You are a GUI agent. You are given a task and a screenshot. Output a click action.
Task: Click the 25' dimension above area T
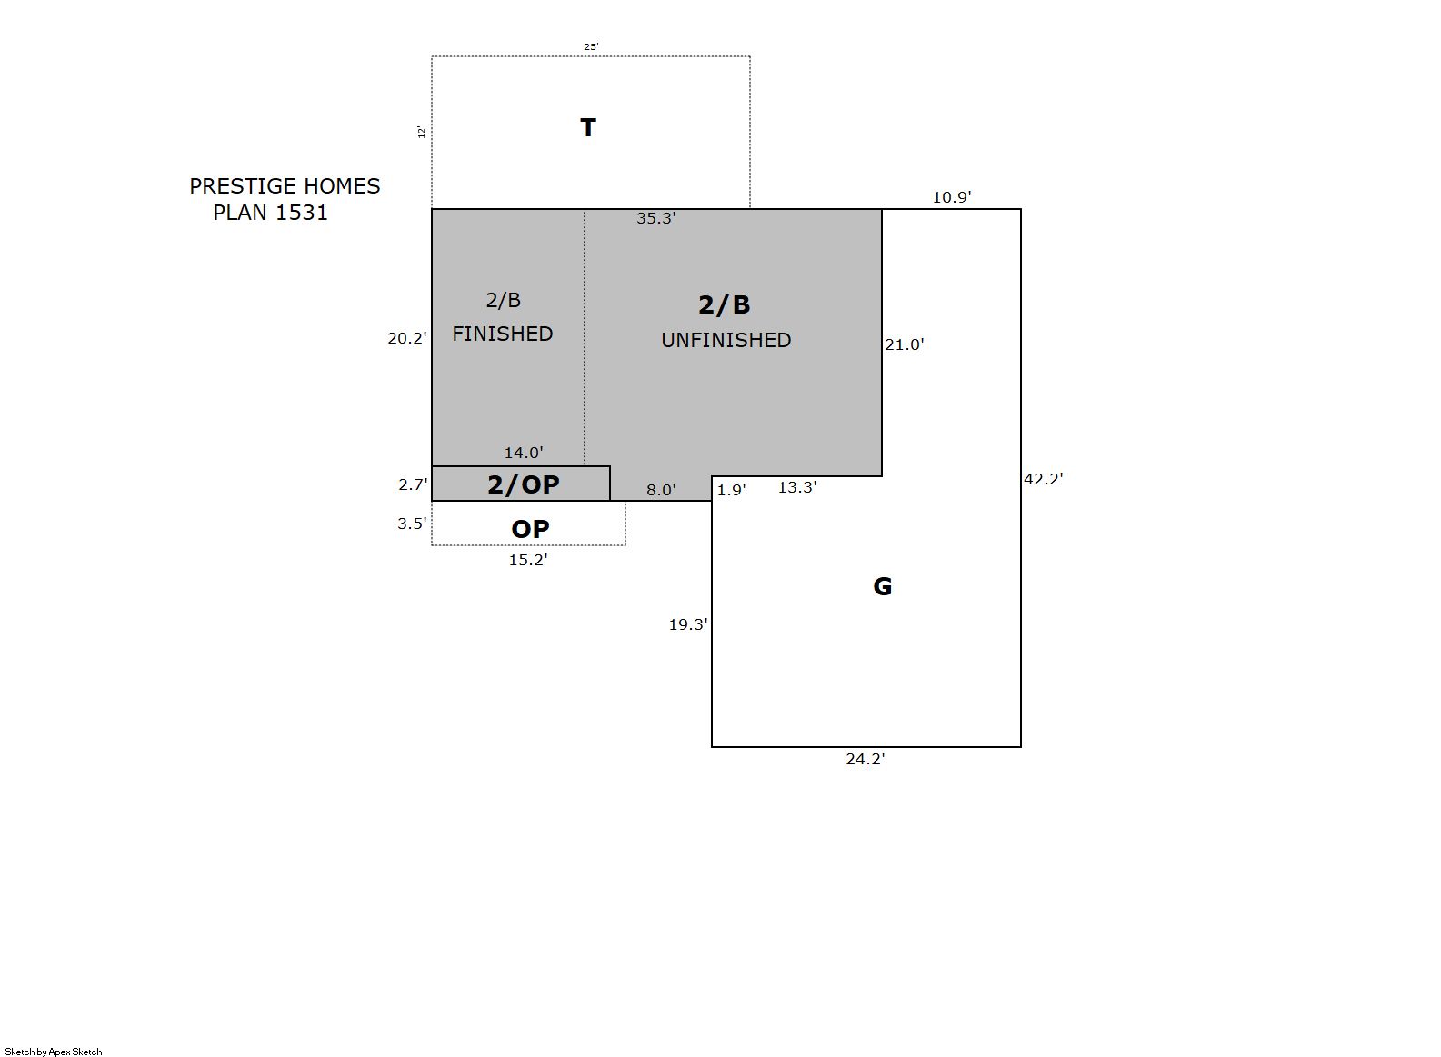(591, 46)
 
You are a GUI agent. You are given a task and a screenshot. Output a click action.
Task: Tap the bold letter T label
(588, 127)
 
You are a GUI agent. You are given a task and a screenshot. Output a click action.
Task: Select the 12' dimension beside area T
(421, 133)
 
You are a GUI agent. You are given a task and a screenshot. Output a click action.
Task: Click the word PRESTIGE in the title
(243, 186)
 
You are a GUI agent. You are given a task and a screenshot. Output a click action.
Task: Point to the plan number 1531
(302, 213)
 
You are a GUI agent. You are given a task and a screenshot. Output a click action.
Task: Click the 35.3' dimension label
(656, 218)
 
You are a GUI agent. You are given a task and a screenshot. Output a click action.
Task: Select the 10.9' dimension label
(952, 197)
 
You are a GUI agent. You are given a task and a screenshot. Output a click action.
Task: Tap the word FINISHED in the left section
(503, 334)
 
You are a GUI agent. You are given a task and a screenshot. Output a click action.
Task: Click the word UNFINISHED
(726, 340)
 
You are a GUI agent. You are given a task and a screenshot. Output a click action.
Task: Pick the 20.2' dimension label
(407, 338)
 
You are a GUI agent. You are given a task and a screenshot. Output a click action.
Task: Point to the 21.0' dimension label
(905, 344)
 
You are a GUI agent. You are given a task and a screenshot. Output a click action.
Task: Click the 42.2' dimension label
(1044, 479)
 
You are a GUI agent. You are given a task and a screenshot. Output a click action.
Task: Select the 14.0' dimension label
(524, 453)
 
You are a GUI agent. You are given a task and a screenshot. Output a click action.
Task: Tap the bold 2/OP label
(524, 484)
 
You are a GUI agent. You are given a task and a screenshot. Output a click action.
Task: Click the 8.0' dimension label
(661, 490)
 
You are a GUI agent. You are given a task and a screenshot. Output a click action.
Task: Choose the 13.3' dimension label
(797, 487)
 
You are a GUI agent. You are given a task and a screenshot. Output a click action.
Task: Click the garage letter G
(883, 586)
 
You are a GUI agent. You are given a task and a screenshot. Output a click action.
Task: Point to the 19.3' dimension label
(688, 624)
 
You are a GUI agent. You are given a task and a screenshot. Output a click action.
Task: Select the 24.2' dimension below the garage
(866, 759)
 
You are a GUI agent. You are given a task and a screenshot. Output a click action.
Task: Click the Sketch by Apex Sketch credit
(54, 1052)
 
